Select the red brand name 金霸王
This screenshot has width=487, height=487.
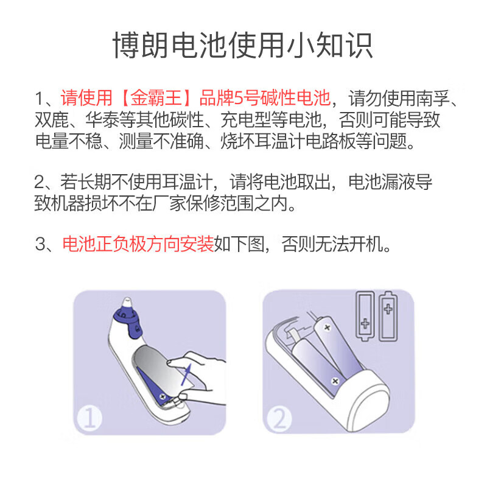tap(160, 98)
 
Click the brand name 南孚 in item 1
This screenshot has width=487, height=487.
tap(438, 98)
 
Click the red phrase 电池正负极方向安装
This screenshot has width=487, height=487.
tap(138, 245)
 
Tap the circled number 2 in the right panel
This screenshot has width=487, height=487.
tap(278, 419)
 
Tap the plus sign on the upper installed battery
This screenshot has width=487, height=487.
tap(327, 328)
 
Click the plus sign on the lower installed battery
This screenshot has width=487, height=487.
tap(334, 380)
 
